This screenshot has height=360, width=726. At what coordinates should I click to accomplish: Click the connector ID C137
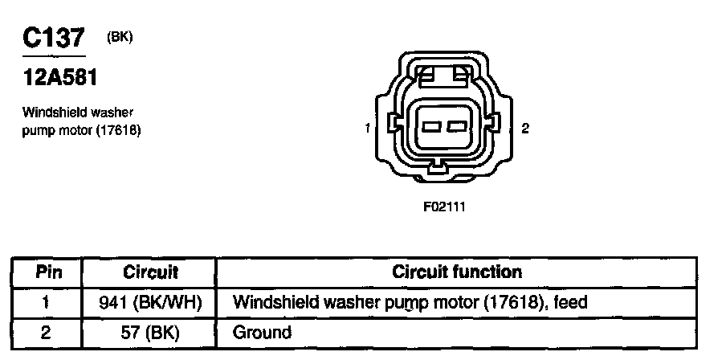[55, 39]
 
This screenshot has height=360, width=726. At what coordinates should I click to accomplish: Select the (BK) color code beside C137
[119, 35]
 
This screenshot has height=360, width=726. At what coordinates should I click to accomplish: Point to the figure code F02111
[444, 206]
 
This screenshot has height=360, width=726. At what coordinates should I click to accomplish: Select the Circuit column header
[150, 272]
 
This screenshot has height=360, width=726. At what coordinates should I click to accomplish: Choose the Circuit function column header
[456, 272]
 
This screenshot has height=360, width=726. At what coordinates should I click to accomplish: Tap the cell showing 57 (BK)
[150, 331]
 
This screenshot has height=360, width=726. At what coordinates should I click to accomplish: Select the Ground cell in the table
[262, 331]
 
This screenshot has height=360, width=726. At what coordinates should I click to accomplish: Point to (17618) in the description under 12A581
[119, 129]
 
